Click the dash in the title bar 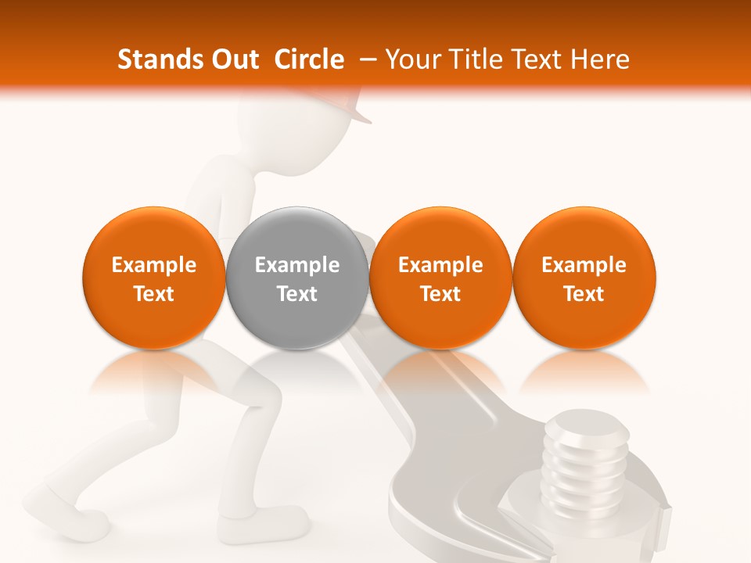pyautogui.click(x=365, y=59)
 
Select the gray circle pyautogui.click(x=297, y=278)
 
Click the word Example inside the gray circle pyautogui.click(x=297, y=265)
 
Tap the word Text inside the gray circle pyautogui.click(x=297, y=294)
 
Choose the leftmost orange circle pyautogui.click(x=153, y=278)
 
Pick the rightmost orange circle pyautogui.click(x=584, y=278)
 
